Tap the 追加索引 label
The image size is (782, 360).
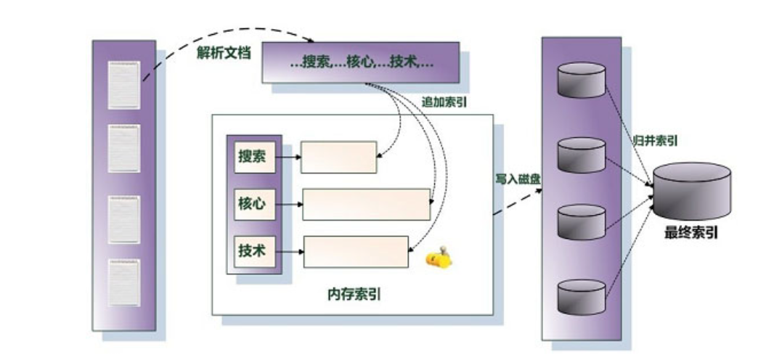click(x=444, y=102)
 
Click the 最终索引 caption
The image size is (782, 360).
click(x=691, y=233)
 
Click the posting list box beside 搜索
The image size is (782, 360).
click(x=338, y=157)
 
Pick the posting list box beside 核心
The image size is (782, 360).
click(x=366, y=204)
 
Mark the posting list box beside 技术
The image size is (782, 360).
click(x=355, y=251)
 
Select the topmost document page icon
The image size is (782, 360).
click(x=123, y=85)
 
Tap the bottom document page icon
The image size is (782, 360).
click(x=123, y=285)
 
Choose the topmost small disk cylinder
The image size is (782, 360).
click(x=581, y=79)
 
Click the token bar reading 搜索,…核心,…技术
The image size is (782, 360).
click(x=360, y=62)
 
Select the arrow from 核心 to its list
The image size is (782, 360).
click(x=289, y=204)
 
